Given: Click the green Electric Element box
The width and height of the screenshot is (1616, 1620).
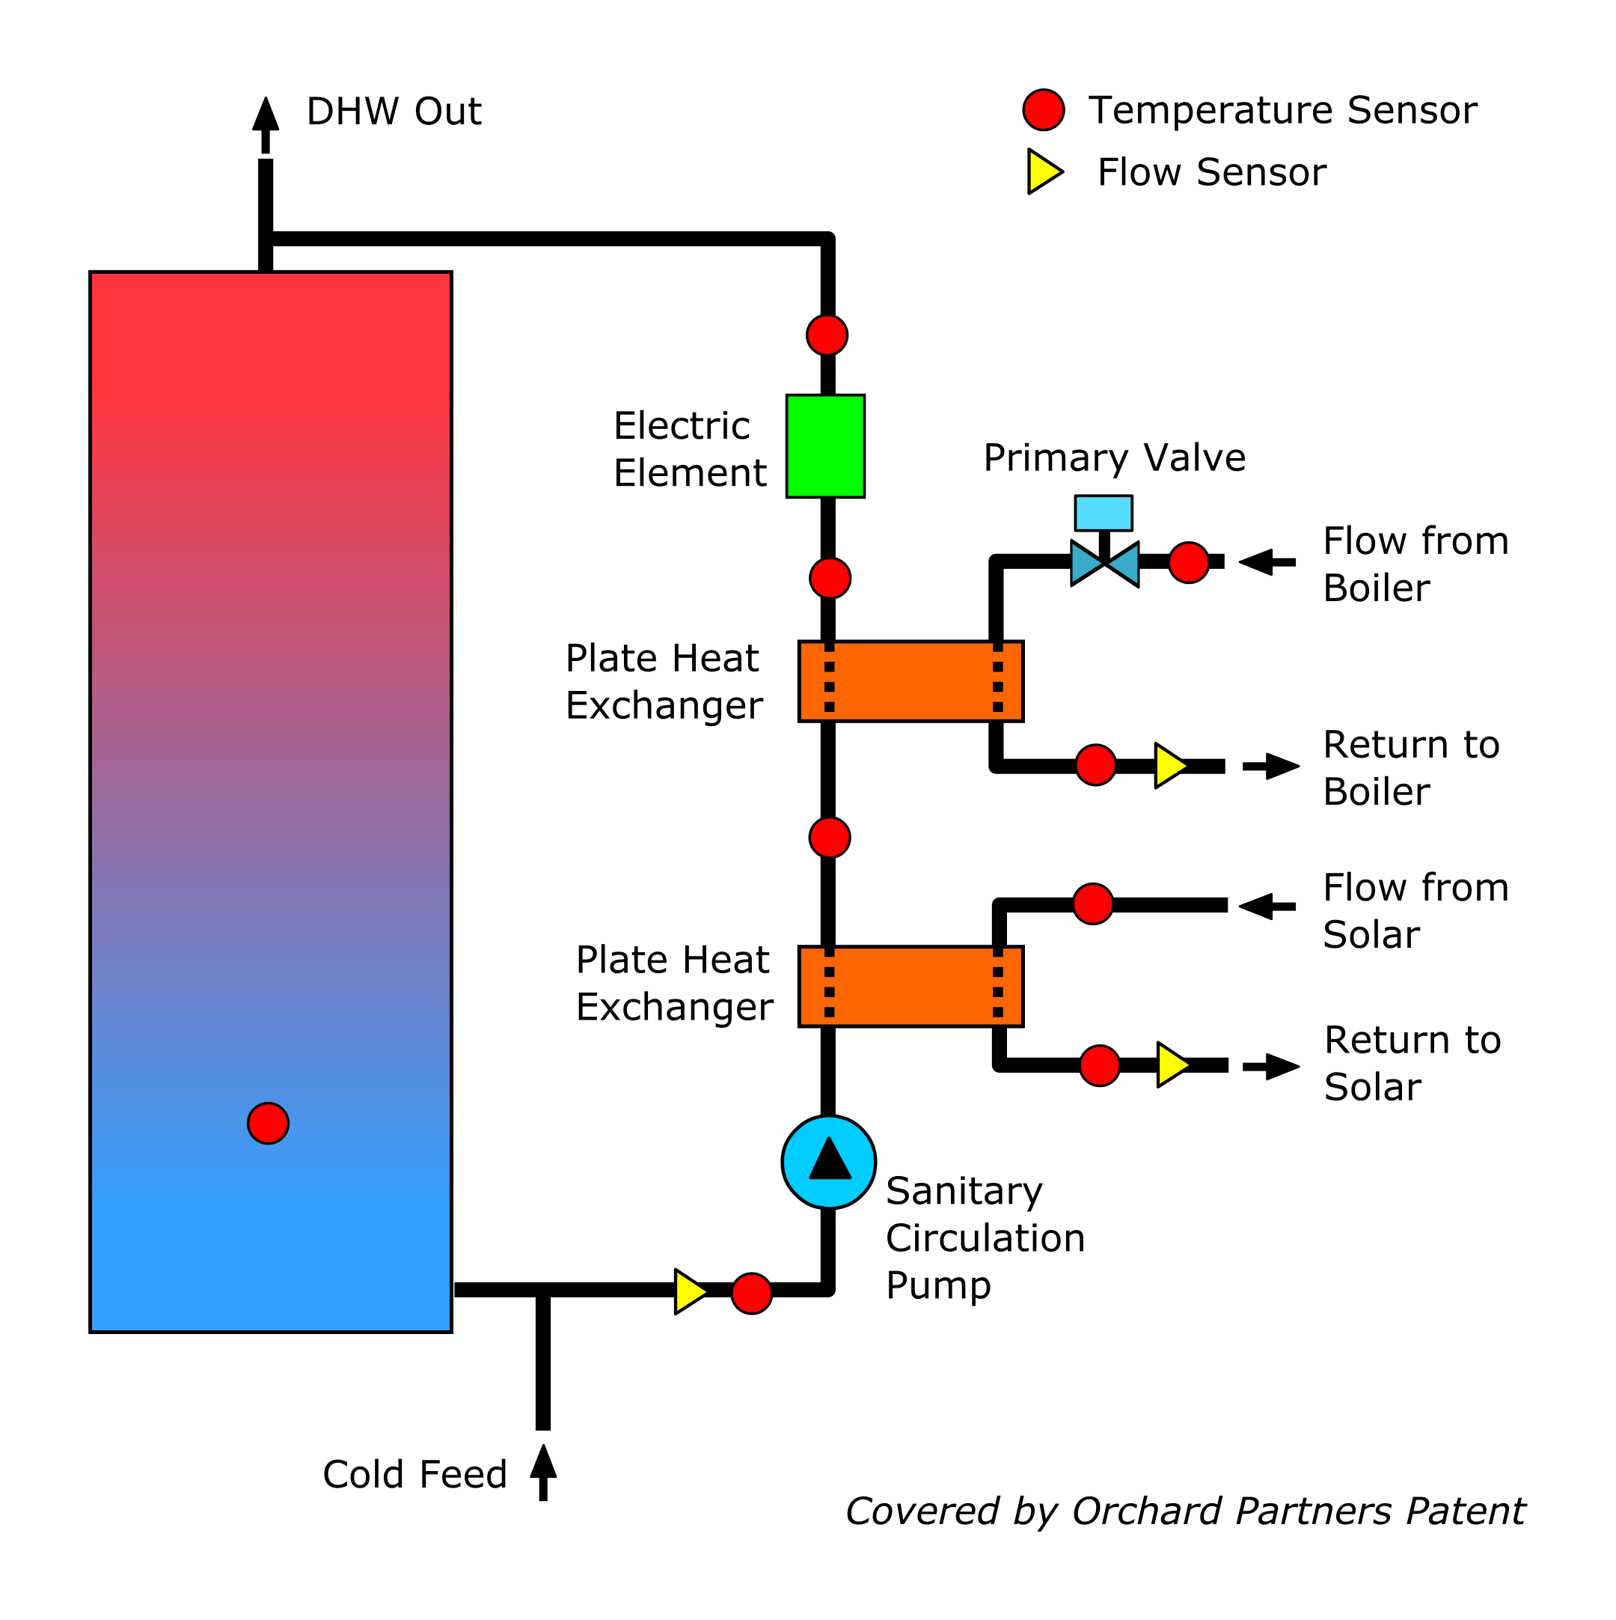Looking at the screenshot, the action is (826, 446).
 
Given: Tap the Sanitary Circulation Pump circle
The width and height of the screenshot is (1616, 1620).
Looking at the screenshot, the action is (829, 1162).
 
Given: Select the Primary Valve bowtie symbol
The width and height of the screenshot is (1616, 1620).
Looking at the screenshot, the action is (1105, 564).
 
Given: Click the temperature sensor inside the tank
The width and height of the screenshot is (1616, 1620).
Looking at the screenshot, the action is (269, 1124).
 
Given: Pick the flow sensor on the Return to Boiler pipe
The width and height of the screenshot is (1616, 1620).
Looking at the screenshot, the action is (1171, 766).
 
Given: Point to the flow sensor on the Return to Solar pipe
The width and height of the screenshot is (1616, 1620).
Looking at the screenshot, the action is (1173, 1065).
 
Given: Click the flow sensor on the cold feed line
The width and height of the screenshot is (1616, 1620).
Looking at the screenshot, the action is (691, 1292).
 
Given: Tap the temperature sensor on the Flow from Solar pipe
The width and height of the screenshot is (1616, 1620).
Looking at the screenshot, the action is (1093, 904).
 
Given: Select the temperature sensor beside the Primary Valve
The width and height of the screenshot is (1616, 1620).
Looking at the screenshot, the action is (1189, 561).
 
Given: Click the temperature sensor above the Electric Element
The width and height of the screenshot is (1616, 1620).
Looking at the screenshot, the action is (827, 335).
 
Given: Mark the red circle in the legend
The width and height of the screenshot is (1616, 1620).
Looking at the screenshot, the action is (1044, 110).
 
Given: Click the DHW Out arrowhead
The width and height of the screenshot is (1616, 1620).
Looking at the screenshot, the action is (266, 114).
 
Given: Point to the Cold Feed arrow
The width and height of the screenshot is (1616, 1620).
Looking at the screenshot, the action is (543, 1473).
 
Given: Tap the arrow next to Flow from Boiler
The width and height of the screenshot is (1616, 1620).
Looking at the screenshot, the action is (1267, 563).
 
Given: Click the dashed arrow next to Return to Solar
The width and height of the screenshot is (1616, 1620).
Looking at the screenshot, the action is (1270, 1067).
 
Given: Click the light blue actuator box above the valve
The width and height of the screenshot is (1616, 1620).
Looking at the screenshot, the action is (1104, 513).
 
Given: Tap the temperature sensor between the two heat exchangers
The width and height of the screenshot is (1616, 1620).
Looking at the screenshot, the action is (830, 838).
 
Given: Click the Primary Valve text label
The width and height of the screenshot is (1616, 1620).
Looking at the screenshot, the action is (1115, 459).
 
